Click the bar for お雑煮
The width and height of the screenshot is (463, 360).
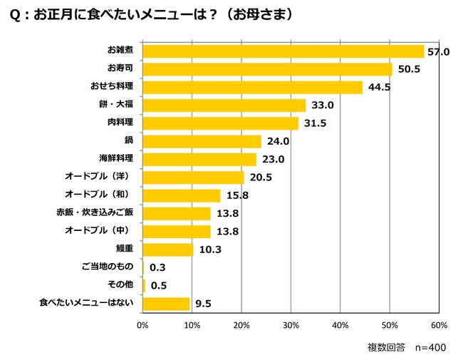(x=283, y=51)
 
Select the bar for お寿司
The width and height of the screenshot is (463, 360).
(x=267, y=69)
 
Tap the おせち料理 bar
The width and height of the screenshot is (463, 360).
(x=252, y=87)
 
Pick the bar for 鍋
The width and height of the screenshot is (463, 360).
(x=202, y=141)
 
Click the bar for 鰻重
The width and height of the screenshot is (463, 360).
(x=168, y=250)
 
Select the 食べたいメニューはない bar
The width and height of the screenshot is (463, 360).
(x=167, y=304)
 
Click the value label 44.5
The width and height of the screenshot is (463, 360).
(x=379, y=88)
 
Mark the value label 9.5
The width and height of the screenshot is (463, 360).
(x=203, y=304)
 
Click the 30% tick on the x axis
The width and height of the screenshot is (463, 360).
(x=291, y=325)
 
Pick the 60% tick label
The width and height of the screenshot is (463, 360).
(x=439, y=325)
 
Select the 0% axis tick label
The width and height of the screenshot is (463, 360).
(x=142, y=325)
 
